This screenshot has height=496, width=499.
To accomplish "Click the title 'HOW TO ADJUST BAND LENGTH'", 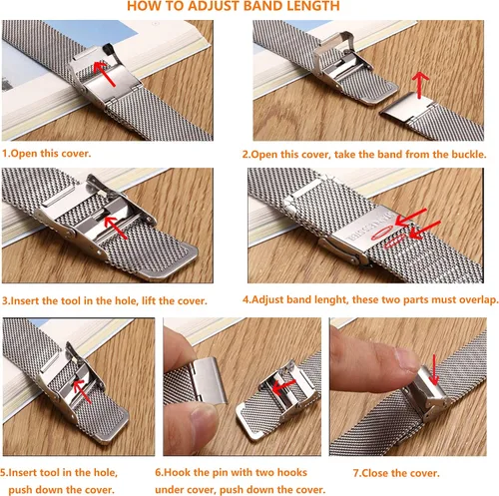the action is point(234,6).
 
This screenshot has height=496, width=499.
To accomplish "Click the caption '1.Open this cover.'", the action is point(46,154).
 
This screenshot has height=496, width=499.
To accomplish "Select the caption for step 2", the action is point(364,155).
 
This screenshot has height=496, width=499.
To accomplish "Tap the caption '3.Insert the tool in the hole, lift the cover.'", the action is point(105,300).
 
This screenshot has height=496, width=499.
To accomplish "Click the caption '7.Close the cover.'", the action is point(396,473).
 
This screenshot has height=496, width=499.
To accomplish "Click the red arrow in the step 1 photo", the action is point(104,73).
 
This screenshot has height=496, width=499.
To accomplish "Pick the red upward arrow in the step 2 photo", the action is point(420,85).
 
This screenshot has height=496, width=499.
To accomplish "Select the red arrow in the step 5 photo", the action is point(82,391).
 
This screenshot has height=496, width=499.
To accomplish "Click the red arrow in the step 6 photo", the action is point(283,386).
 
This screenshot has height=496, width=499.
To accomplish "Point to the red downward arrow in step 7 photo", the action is point(434,369).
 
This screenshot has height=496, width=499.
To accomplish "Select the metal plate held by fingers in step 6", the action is point(209,380).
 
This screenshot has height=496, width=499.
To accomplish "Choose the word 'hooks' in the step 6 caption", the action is point(291,472).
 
